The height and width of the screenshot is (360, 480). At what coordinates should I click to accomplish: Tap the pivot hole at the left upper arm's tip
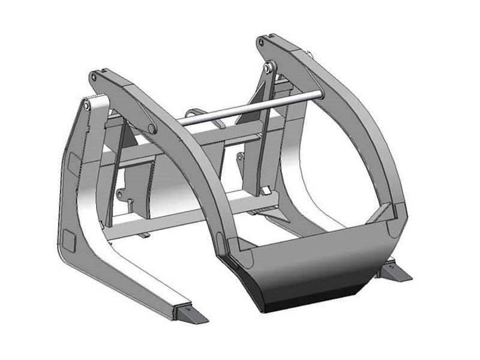[94, 77]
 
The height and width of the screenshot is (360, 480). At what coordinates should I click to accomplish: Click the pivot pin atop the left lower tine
[87, 106]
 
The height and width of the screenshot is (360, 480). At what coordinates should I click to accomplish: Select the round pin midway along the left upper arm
[152, 128]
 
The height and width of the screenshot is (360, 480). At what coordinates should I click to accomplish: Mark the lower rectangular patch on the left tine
[68, 241]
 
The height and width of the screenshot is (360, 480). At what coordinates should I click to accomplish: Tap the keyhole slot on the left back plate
[130, 204]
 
